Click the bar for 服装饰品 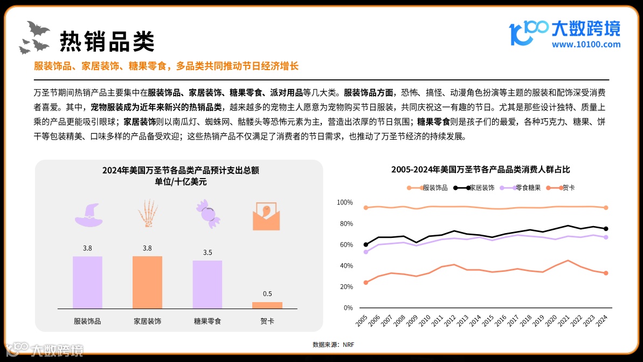(87, 282)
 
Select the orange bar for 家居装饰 (147, 282)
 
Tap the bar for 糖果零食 (208, 284)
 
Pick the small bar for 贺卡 (267, 305)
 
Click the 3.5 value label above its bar (208, 252)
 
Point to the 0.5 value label (267, 294)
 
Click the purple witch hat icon (87, 214)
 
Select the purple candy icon (208, 212)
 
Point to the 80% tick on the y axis (344, 223)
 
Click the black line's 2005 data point (366, 244)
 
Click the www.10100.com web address (585, 45)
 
